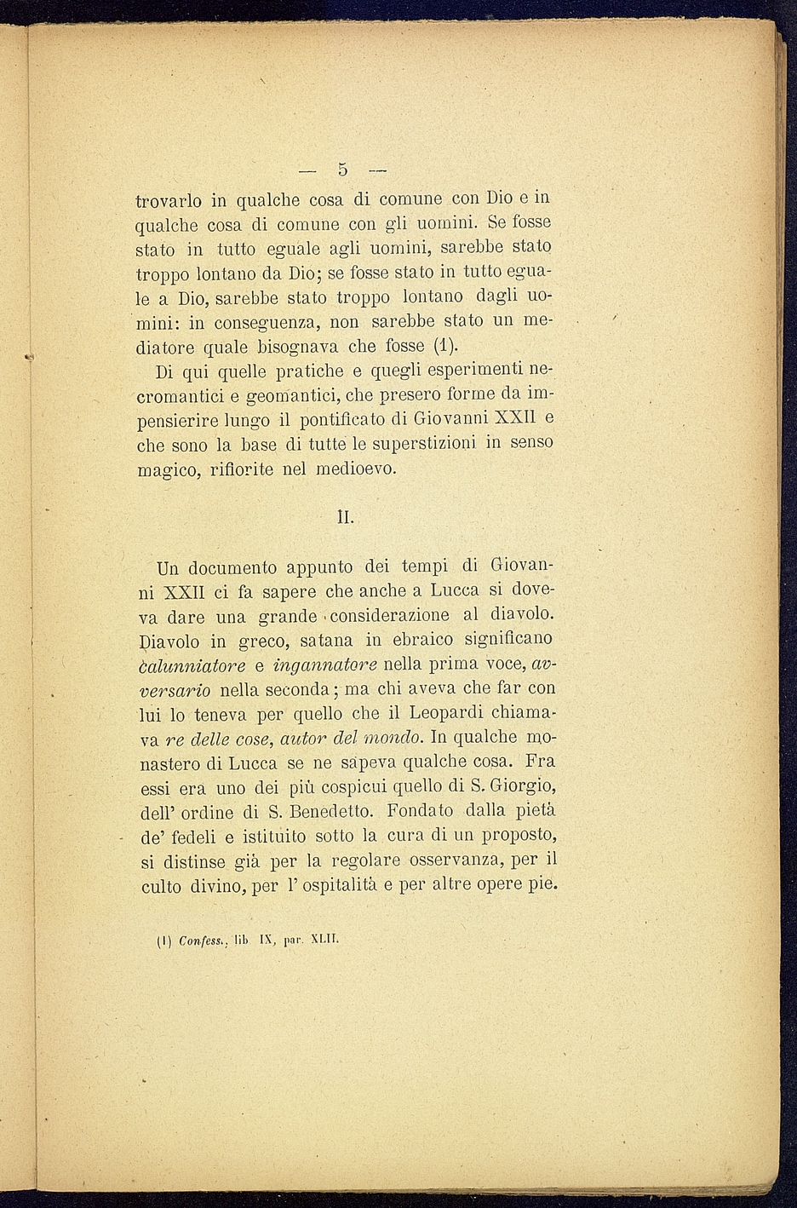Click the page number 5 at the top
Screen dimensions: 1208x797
342,169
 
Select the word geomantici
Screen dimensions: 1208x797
290,396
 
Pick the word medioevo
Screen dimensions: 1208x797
355,469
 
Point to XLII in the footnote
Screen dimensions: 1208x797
327,942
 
